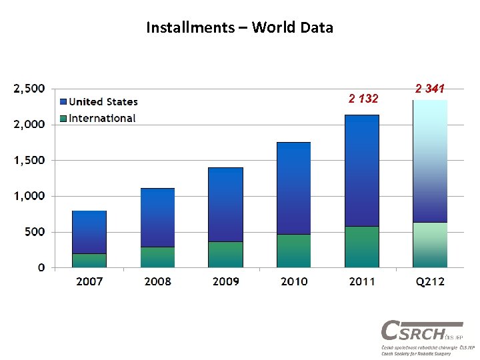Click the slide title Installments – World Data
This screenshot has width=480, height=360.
[239, 28]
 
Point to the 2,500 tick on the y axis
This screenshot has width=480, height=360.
[29, 88]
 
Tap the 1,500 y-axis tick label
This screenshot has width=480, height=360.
[29, 160]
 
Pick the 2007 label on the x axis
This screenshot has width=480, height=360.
[89, 281]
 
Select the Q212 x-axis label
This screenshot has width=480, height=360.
[430, 281]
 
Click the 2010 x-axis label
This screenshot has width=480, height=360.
[294, 281]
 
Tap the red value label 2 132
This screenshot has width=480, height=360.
[363, 99]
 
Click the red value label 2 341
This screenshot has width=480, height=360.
[430, 89]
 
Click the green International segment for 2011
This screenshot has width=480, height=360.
[362, 247]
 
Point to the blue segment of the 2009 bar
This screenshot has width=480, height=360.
[225, 204]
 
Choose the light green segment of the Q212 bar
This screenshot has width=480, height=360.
[430, 245]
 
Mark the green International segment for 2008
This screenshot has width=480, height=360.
[157, 257]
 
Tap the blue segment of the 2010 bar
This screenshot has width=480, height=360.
[294, 188]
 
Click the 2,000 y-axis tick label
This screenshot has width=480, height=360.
[29, 124]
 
